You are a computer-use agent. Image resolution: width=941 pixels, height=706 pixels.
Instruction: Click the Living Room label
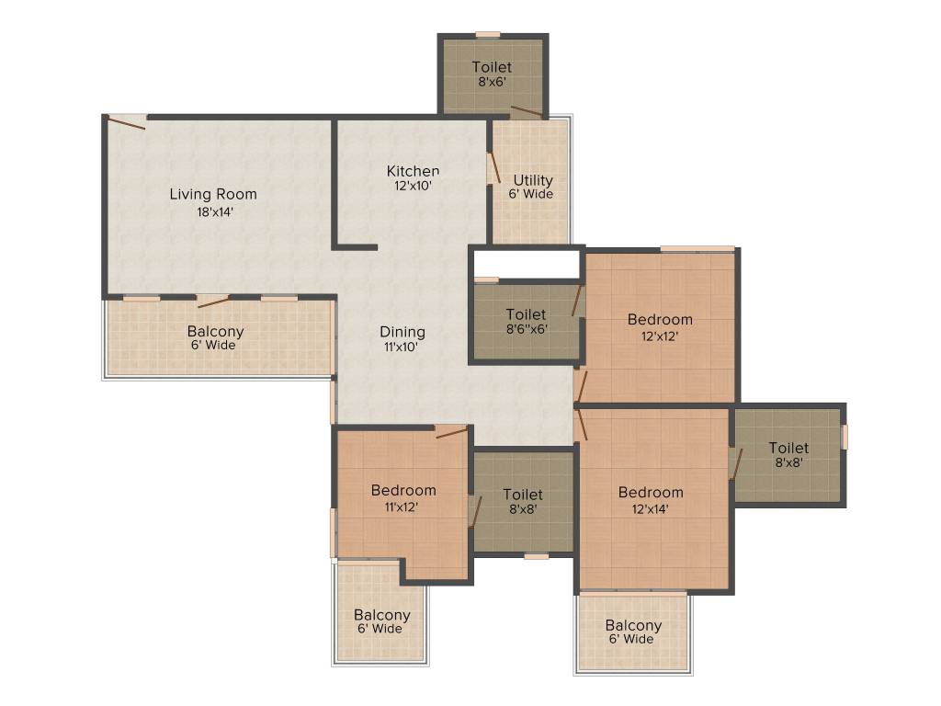(x=213, y=194)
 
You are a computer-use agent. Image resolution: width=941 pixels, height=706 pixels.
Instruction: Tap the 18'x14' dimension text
(x=213, y=211)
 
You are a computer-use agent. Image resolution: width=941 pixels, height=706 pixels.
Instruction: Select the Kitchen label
(x=413, y=171)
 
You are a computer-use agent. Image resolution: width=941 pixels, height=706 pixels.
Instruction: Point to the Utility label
(x=533, y=180)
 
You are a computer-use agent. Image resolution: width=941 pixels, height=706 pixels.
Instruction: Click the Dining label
(x=402, y=332)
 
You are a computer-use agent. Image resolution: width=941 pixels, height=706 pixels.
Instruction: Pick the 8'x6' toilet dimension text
(x=492, y=82)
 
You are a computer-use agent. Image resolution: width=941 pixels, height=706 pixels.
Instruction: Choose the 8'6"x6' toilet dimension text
(x=526, y=329)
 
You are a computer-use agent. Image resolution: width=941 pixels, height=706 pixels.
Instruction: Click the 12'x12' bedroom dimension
(x=660, y=336)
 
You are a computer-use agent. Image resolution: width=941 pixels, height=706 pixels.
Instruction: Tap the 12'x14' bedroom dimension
(x=651, y=507)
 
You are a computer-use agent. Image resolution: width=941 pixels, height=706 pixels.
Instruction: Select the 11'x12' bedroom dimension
(x=402, y=507)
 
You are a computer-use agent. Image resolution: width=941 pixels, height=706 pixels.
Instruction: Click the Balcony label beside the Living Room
(x=215, y=332)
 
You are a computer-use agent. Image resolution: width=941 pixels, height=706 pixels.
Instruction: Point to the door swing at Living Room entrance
(x=127, y=121)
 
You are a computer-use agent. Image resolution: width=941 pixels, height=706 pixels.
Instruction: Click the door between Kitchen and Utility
(x=494, y=167)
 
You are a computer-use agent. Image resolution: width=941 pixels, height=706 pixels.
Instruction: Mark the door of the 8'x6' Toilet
(x=527, y=112)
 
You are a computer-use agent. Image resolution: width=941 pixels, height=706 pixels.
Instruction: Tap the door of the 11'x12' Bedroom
(x=451, y=431)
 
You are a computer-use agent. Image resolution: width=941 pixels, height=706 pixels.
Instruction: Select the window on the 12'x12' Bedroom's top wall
(x=697, y=248)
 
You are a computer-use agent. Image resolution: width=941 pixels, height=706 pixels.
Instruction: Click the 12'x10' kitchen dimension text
(x=413, y=185)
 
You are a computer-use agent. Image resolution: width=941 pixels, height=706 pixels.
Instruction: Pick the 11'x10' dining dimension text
(x=402, y=347)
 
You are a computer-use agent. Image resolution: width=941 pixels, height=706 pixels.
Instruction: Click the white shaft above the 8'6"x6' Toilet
(x=526, y=264)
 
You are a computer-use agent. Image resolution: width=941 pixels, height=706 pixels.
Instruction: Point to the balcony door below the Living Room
(x=213, y=301)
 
